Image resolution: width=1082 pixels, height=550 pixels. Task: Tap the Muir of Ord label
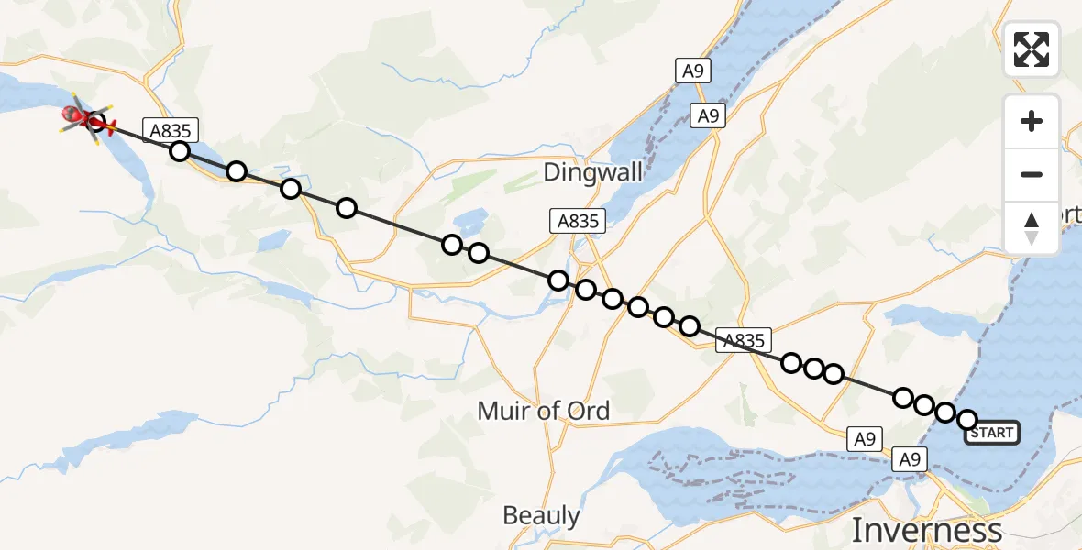click(543, 411)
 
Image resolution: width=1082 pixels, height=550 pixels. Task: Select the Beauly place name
click(541, 515)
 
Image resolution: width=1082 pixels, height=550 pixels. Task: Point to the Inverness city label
click(926, 530)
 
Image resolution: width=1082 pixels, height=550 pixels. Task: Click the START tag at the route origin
click(991, 432)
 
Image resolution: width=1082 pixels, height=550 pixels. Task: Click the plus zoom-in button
click(1032, 121)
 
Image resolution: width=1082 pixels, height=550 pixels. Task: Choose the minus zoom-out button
click(1032, 174)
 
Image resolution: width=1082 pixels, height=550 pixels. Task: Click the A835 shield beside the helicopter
click(170, 130)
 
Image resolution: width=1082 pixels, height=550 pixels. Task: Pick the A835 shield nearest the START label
click(744, 340)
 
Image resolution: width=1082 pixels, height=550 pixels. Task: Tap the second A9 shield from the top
click(707, 116)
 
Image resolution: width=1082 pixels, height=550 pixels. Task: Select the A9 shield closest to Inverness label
click(909, 459)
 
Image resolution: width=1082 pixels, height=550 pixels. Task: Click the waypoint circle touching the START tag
click(967, 420)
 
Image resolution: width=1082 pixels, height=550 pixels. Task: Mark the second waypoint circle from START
click(945, 412)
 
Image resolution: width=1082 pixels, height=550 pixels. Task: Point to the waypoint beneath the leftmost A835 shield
click(180, 151)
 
